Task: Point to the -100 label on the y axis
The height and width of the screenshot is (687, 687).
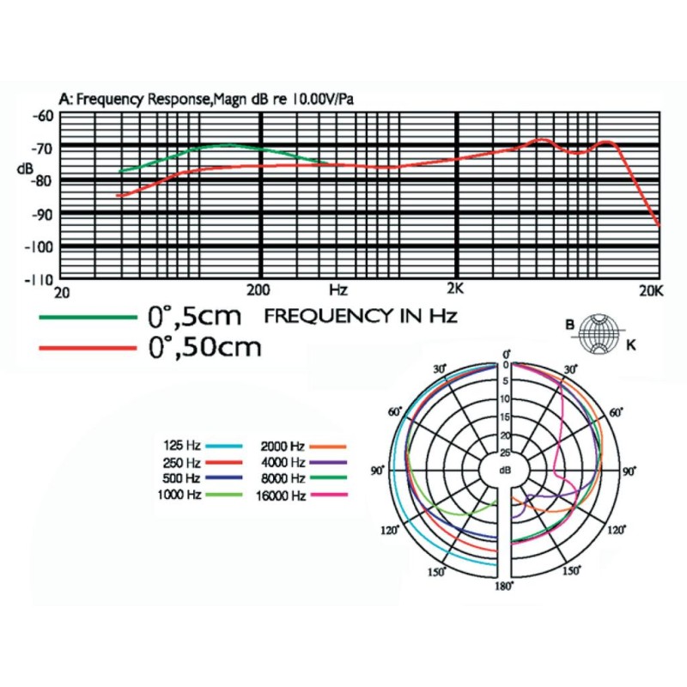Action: [x=40, y=247]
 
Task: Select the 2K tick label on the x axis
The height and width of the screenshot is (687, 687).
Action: [x=455, y=289]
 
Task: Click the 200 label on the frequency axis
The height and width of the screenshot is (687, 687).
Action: [x=259, y=289]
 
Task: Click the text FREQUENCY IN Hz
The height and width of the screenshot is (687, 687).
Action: [x=361, y=316]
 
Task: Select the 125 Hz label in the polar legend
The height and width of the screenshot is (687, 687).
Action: [x=181, y=446]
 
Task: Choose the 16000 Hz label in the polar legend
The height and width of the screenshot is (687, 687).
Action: [x=280, y=495]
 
